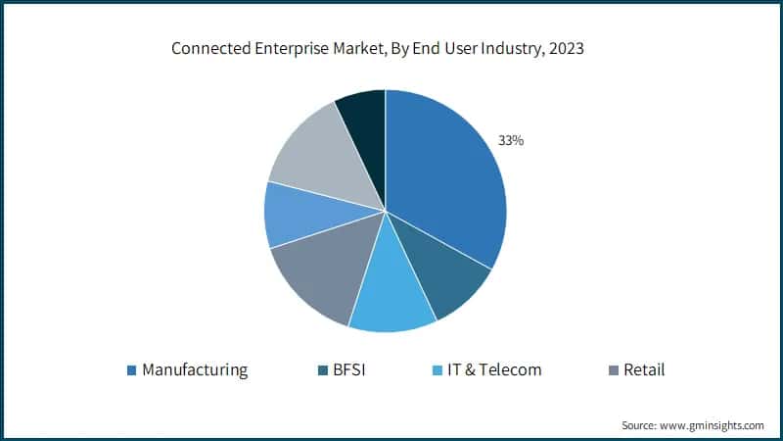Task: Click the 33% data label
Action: pyautogui.click(x=511, y=141)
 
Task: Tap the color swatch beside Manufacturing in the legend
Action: pyautogui.click(x=132, y=370)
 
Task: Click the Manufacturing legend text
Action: pyautogui.click(x=195, y=369)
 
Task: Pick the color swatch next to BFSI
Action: pyautogui.click(x=322, y=370)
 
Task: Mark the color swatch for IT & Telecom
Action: pyautogui.click(x=438, y=370)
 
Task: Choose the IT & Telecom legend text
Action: pyautogui.click(x=494, y=369)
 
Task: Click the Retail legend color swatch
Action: pyautogui.click(x=613, y=370)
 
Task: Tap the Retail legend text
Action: pyautogui.click(x=644, y=369)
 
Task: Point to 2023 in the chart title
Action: pyautogui.click(x=565, y=49)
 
